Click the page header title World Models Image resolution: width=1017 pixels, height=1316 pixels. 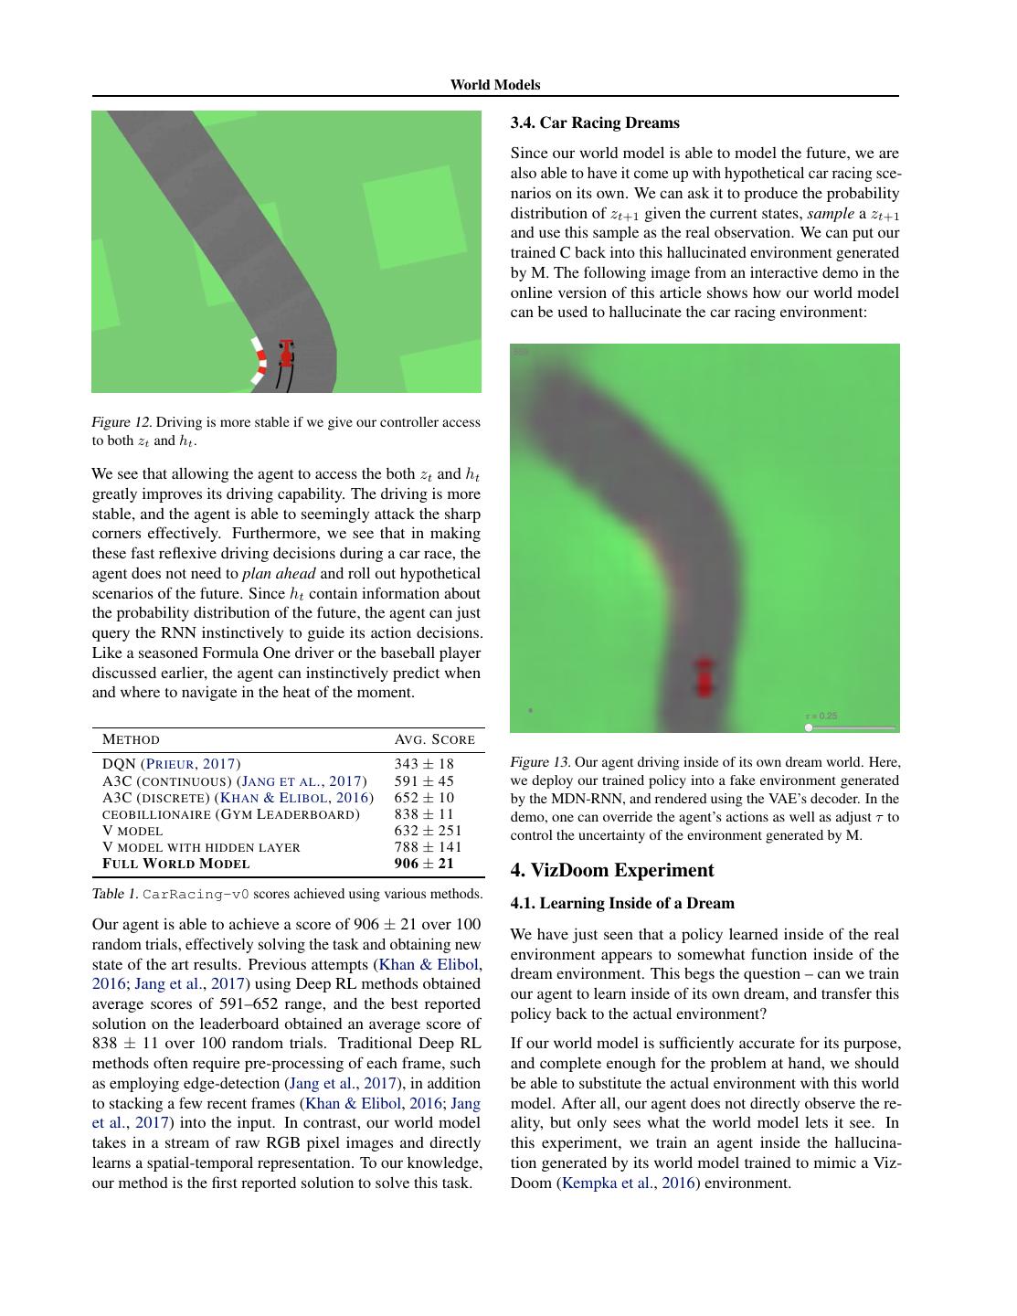click(494, 85)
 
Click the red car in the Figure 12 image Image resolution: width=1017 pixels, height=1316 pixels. click(286, 354)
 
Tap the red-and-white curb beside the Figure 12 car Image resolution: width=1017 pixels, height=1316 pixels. click(259, 361)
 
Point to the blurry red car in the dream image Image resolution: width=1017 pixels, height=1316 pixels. click(704, 677)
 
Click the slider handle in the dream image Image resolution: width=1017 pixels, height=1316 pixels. click(809, 727)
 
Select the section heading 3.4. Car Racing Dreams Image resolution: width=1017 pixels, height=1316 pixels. click(595, 122)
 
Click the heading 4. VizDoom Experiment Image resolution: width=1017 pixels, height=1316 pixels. click(611, 870)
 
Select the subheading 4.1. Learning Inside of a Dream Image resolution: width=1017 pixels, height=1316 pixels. click(622, 903)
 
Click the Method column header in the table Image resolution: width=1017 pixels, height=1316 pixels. click(131, 739)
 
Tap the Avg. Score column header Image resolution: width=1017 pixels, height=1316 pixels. click(434, 739)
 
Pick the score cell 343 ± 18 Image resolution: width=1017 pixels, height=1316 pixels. click(424, 764)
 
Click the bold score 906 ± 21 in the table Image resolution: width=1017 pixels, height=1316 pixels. click(424, 864)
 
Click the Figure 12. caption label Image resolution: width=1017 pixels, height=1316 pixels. click(122, 422)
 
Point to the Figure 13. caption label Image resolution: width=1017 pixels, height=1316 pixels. click(540, 762)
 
